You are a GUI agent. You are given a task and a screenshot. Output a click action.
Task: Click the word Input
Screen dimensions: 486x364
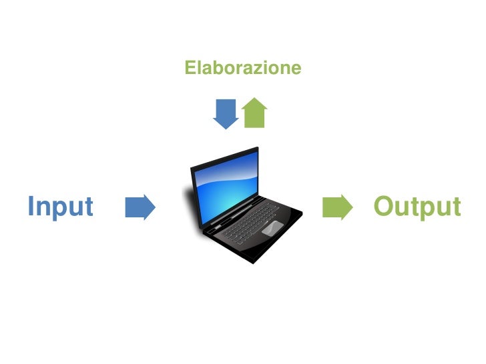click(60, 207)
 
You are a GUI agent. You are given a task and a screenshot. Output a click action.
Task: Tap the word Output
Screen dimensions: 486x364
click(417, 207)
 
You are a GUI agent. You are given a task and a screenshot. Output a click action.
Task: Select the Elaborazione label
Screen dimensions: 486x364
click(243, 68)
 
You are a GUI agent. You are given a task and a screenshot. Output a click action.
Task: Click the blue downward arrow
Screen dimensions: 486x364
click(226, 113)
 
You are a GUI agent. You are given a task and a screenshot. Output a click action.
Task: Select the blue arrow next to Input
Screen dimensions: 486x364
click(140, 207)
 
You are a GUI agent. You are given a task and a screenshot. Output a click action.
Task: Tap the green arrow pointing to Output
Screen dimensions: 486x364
click(337, 207)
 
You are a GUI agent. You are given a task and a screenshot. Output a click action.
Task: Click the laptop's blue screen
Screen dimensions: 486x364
click(226, 180)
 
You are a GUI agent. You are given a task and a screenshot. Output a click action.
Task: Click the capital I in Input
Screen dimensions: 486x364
click(31, 206)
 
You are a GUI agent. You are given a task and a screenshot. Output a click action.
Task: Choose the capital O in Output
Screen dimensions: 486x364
click(384, 206)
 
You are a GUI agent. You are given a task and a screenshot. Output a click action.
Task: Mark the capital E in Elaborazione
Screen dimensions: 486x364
click(190, 68)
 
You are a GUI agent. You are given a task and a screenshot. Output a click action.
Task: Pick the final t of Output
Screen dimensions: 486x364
click(456, 207)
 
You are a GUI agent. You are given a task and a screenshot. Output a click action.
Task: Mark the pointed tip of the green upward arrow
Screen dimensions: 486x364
click(254, 99)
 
